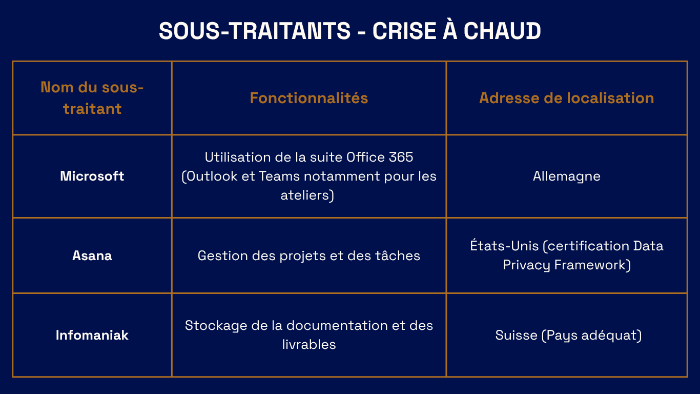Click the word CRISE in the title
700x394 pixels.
click(x=404, y=31)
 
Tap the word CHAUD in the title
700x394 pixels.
click(x=502, y=31)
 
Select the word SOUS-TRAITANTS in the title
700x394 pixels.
click(x=255, y=31)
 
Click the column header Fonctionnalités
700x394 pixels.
click(x=309, y=98)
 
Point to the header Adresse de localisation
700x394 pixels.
click(x=567, y=98)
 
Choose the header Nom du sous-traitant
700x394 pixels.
click(x=92, y=98)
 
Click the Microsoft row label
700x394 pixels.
click(x=92, y=176)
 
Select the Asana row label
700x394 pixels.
click(x=92, y=255)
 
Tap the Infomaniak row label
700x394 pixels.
click(x=92, y=335)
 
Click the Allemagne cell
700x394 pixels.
click(x=567, y=176)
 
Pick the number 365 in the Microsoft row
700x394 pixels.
click(x=401, y=157)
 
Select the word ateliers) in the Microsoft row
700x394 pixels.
click(x=307, y=195)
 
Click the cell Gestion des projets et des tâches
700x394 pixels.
click(x=309, y=255)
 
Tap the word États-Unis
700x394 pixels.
click(x=504, y=245)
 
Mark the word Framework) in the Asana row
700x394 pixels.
click(x=592, y=265)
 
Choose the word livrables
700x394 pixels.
click(x=309, y=345)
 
